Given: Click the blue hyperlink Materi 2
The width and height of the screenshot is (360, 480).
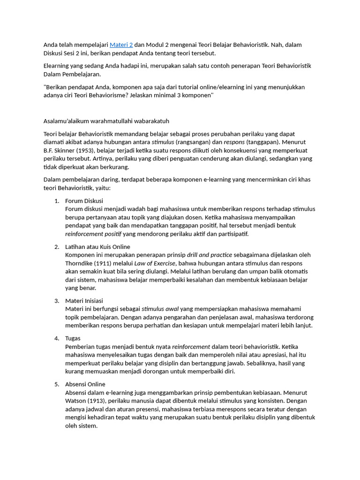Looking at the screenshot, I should click(x=121, y=45).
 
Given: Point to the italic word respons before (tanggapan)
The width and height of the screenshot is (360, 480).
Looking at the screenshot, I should click(x=234, y=142).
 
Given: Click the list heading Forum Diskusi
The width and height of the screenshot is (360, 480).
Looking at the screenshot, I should click(x=84, y=201).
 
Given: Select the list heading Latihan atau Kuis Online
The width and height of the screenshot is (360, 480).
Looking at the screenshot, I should click(x=97, y=247).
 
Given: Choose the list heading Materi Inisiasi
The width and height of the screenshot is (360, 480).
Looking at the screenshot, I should click(x=84, y=300).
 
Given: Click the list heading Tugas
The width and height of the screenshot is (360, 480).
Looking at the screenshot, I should click(x=73, y=338).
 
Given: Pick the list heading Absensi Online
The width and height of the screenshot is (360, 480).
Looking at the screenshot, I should click(x=85, y=384).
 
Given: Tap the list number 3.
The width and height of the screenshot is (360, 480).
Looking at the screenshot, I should click(x=57, y=300).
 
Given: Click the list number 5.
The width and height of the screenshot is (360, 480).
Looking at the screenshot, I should click(x=57, y=384).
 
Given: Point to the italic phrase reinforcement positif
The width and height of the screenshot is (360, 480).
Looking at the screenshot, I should click(x=93, y=234).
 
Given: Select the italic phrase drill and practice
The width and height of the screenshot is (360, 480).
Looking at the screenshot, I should click(x=209, y=255).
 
